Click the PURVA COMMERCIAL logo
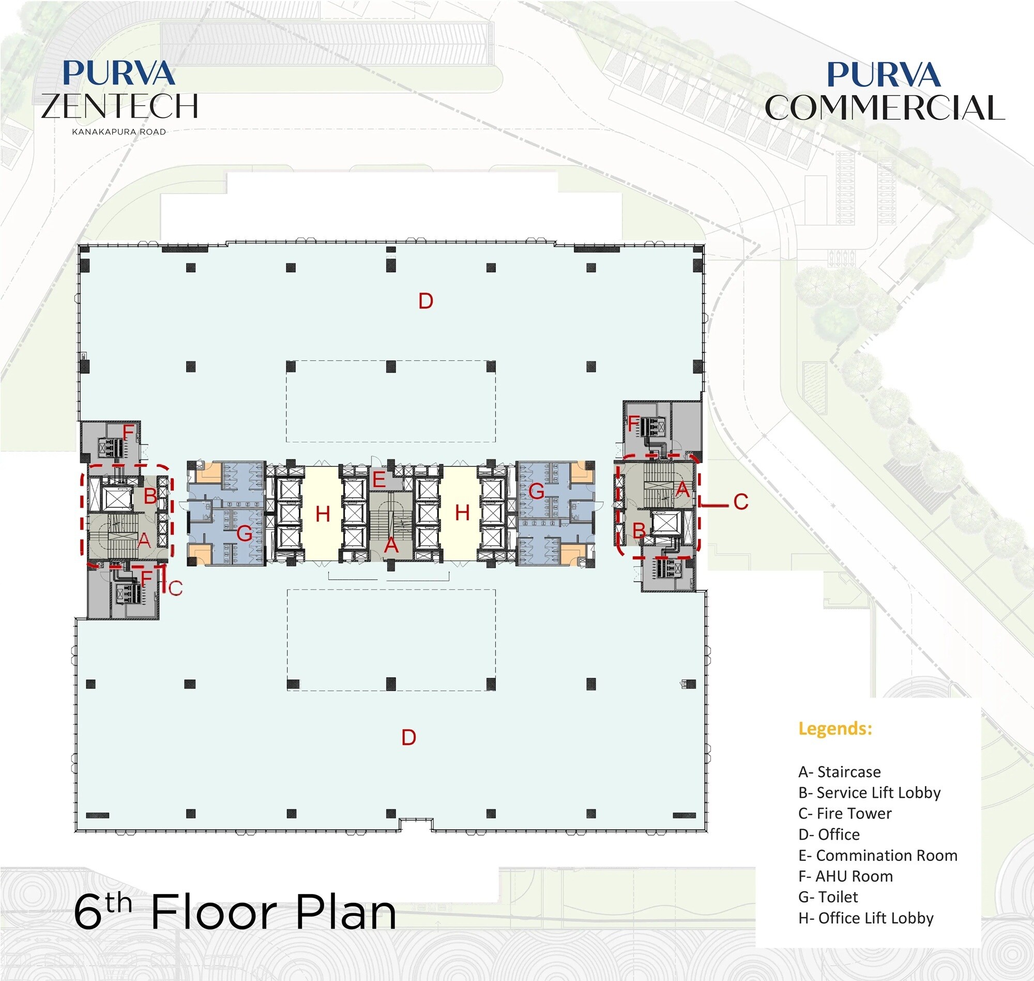click(884, 92)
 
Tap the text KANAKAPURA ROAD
click(119, 132)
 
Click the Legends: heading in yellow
click(835, 729)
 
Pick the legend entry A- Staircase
click(839, 772)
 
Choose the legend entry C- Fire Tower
click(844, 813)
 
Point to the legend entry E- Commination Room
click(877, 855)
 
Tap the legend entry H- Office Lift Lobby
click(865, 918)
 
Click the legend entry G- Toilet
click(828, 897)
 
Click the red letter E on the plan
click(378, 480)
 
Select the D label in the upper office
click(425, 301)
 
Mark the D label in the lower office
click(408, 737)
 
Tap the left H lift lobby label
click(323, 514)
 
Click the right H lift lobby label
click(462, 513)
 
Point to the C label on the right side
click(740, 502)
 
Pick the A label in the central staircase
click(391, 546)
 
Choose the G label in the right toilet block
click(536, 491)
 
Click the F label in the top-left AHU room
click(128, 432)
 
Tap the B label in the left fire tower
click(150, 496)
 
